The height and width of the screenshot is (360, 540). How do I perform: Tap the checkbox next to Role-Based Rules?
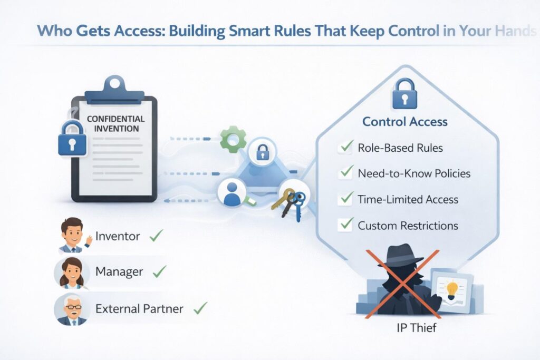[x=345, y=148]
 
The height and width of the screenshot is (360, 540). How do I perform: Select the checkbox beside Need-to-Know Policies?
[x=346, y=172]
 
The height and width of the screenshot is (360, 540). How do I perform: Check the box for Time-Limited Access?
[x=346, y=199]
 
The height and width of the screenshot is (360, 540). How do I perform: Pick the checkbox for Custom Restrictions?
[x=346, y=225]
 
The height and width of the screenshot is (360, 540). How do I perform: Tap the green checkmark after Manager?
[x=159, y=271]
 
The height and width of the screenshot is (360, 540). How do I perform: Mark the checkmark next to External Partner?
[x=200, y=307]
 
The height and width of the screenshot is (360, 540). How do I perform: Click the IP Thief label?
[x=416, y=328]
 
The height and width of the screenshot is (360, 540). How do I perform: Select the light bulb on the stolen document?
[x=452, y=289]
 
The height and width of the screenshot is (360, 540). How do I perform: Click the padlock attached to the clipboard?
[x=72, y=140]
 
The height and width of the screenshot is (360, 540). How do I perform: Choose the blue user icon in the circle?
[x=232, y=192]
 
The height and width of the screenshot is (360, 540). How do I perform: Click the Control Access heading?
[x=404, y=122]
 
